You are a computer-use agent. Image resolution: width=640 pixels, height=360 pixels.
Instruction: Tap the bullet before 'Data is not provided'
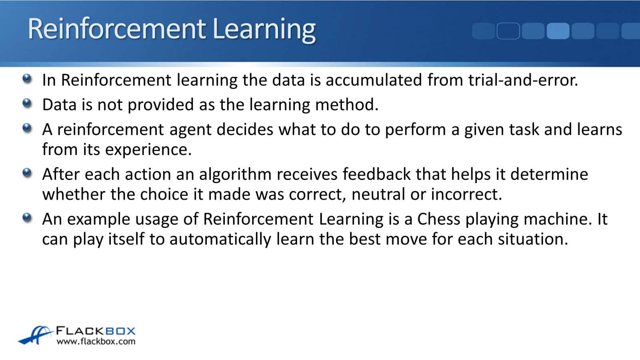coord(27,103)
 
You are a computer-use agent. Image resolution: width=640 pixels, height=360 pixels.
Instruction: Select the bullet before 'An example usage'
coord(27,218)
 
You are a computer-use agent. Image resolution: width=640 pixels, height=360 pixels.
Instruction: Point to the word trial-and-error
coord(523,80)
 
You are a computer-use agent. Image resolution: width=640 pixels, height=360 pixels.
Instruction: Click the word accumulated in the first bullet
coord(374,80)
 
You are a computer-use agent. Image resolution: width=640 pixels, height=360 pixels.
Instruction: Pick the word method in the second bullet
coord(346,104)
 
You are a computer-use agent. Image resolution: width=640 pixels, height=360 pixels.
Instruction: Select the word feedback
coord(376,174)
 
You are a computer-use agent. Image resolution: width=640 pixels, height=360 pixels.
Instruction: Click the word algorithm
coord(235,175)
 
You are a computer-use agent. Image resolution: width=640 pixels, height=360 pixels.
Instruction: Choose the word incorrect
coord(466,194)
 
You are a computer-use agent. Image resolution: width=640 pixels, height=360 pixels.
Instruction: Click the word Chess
coord(438,219)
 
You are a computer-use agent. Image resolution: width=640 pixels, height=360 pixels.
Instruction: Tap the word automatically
coord(220,240)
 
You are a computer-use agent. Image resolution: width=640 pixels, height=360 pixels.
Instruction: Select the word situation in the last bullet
coord(533,239)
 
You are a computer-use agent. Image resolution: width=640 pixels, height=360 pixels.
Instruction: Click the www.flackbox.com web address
coord(96,342)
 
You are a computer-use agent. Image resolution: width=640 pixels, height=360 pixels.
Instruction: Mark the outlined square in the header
coord(508,31)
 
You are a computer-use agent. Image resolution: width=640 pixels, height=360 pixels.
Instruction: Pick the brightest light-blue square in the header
coord(558,31)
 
